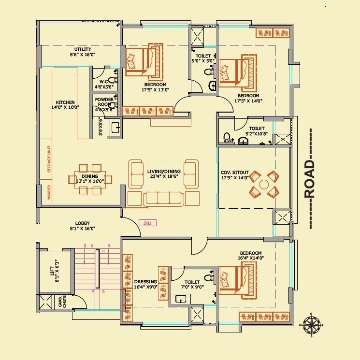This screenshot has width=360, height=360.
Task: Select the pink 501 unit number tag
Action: pos(147,223)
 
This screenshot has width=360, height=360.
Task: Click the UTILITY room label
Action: pos(82,52)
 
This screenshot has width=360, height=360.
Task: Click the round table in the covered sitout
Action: pos(264,184)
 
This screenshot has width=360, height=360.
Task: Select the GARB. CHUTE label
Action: pos(61,302)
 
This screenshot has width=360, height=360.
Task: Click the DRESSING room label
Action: pos(145,284)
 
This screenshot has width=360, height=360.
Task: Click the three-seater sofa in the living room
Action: pos(164,198)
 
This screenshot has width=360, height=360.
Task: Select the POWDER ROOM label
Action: pos(104,104)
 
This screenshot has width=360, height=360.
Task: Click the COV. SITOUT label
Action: pos(235,174)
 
